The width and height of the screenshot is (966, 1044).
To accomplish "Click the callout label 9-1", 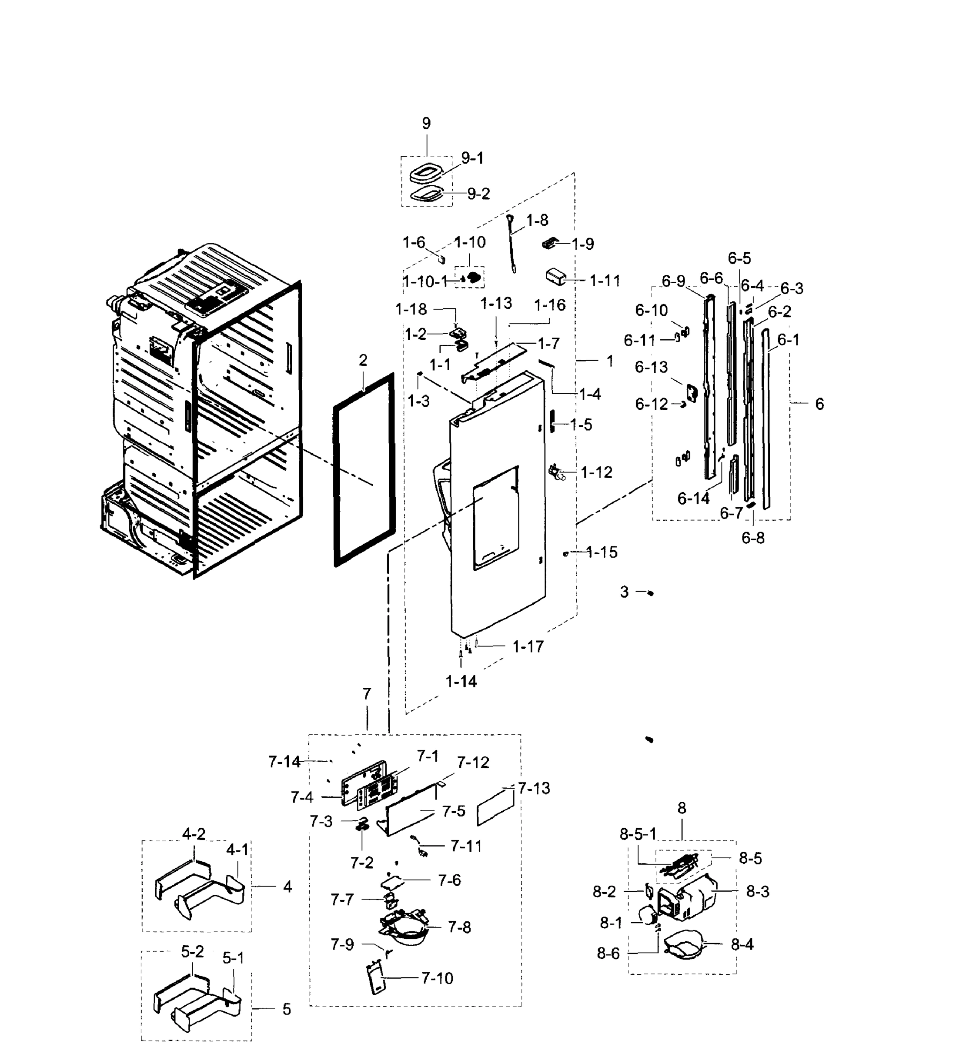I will click(x=472, y=158).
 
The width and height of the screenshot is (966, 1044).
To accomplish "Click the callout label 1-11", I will click(x=605, y=281).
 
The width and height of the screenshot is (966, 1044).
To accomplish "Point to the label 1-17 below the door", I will click(x=528, y=647).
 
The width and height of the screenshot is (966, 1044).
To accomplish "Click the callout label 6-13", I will click(x=651, y=367).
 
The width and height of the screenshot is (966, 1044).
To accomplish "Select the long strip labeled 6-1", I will click(x=766, y=418).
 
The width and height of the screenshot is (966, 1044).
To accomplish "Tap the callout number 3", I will click(x=624, y=592).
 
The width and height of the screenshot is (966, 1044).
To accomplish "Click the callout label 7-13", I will click(x=534, y=788).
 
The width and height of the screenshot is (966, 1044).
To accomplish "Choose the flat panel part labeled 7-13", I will click(x=495, y=807).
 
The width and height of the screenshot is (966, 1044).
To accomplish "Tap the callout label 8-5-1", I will click(x=638, y=834).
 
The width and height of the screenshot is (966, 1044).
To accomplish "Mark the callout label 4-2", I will click(x=194, y=834).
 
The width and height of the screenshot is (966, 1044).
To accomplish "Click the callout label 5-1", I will click(x=233, y=958).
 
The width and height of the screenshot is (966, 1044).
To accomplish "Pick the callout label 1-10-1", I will click(x=425, y=282).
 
